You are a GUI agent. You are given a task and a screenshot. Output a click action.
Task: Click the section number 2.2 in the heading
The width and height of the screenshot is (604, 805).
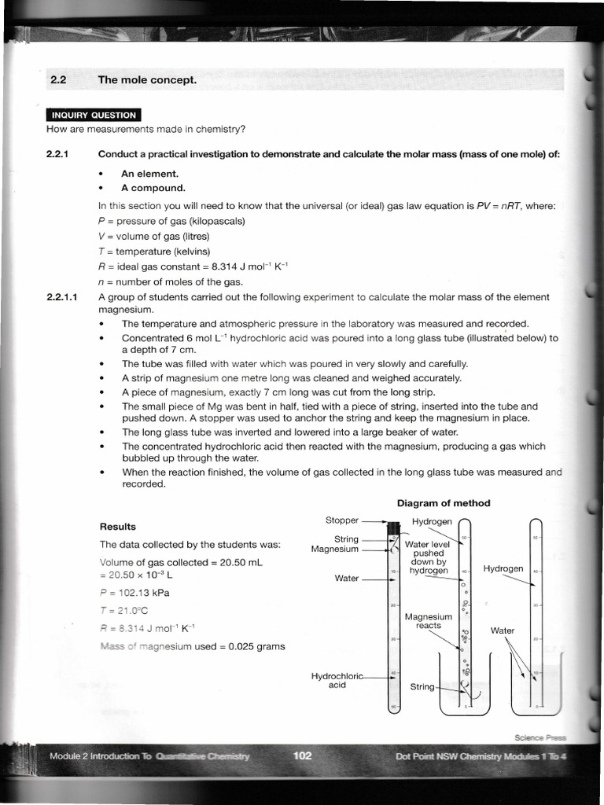coord(61,80)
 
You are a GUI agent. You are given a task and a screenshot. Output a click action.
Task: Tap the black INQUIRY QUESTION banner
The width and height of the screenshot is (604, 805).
coord(94,115)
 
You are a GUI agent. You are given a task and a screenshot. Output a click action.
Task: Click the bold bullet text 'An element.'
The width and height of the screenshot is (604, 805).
coord(149,173)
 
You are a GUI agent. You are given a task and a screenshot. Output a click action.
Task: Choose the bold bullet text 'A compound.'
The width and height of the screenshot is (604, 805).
coord(153,188)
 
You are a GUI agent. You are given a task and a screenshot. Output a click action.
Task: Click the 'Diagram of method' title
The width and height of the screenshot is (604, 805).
coord(443,503)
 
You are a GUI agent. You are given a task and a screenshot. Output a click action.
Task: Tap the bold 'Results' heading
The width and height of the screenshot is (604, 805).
coord(117,527)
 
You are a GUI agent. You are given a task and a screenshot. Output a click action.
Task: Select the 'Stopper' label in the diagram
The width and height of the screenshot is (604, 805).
coord(342,520)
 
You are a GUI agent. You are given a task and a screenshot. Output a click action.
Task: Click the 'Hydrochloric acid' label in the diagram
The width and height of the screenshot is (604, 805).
coord(337,680)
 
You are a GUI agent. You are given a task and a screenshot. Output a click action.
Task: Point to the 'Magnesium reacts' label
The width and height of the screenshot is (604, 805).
coord(429,621)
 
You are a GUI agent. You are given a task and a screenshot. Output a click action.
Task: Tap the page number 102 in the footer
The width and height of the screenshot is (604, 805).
coord(303,756)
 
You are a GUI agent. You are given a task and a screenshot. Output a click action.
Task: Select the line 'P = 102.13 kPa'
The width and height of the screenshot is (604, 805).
coord(135,593)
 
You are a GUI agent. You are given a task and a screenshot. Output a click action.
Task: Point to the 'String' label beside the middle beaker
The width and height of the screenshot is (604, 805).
coord(422,686)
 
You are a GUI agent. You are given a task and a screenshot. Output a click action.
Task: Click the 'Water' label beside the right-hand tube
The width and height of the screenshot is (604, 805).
coord(502,630)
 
